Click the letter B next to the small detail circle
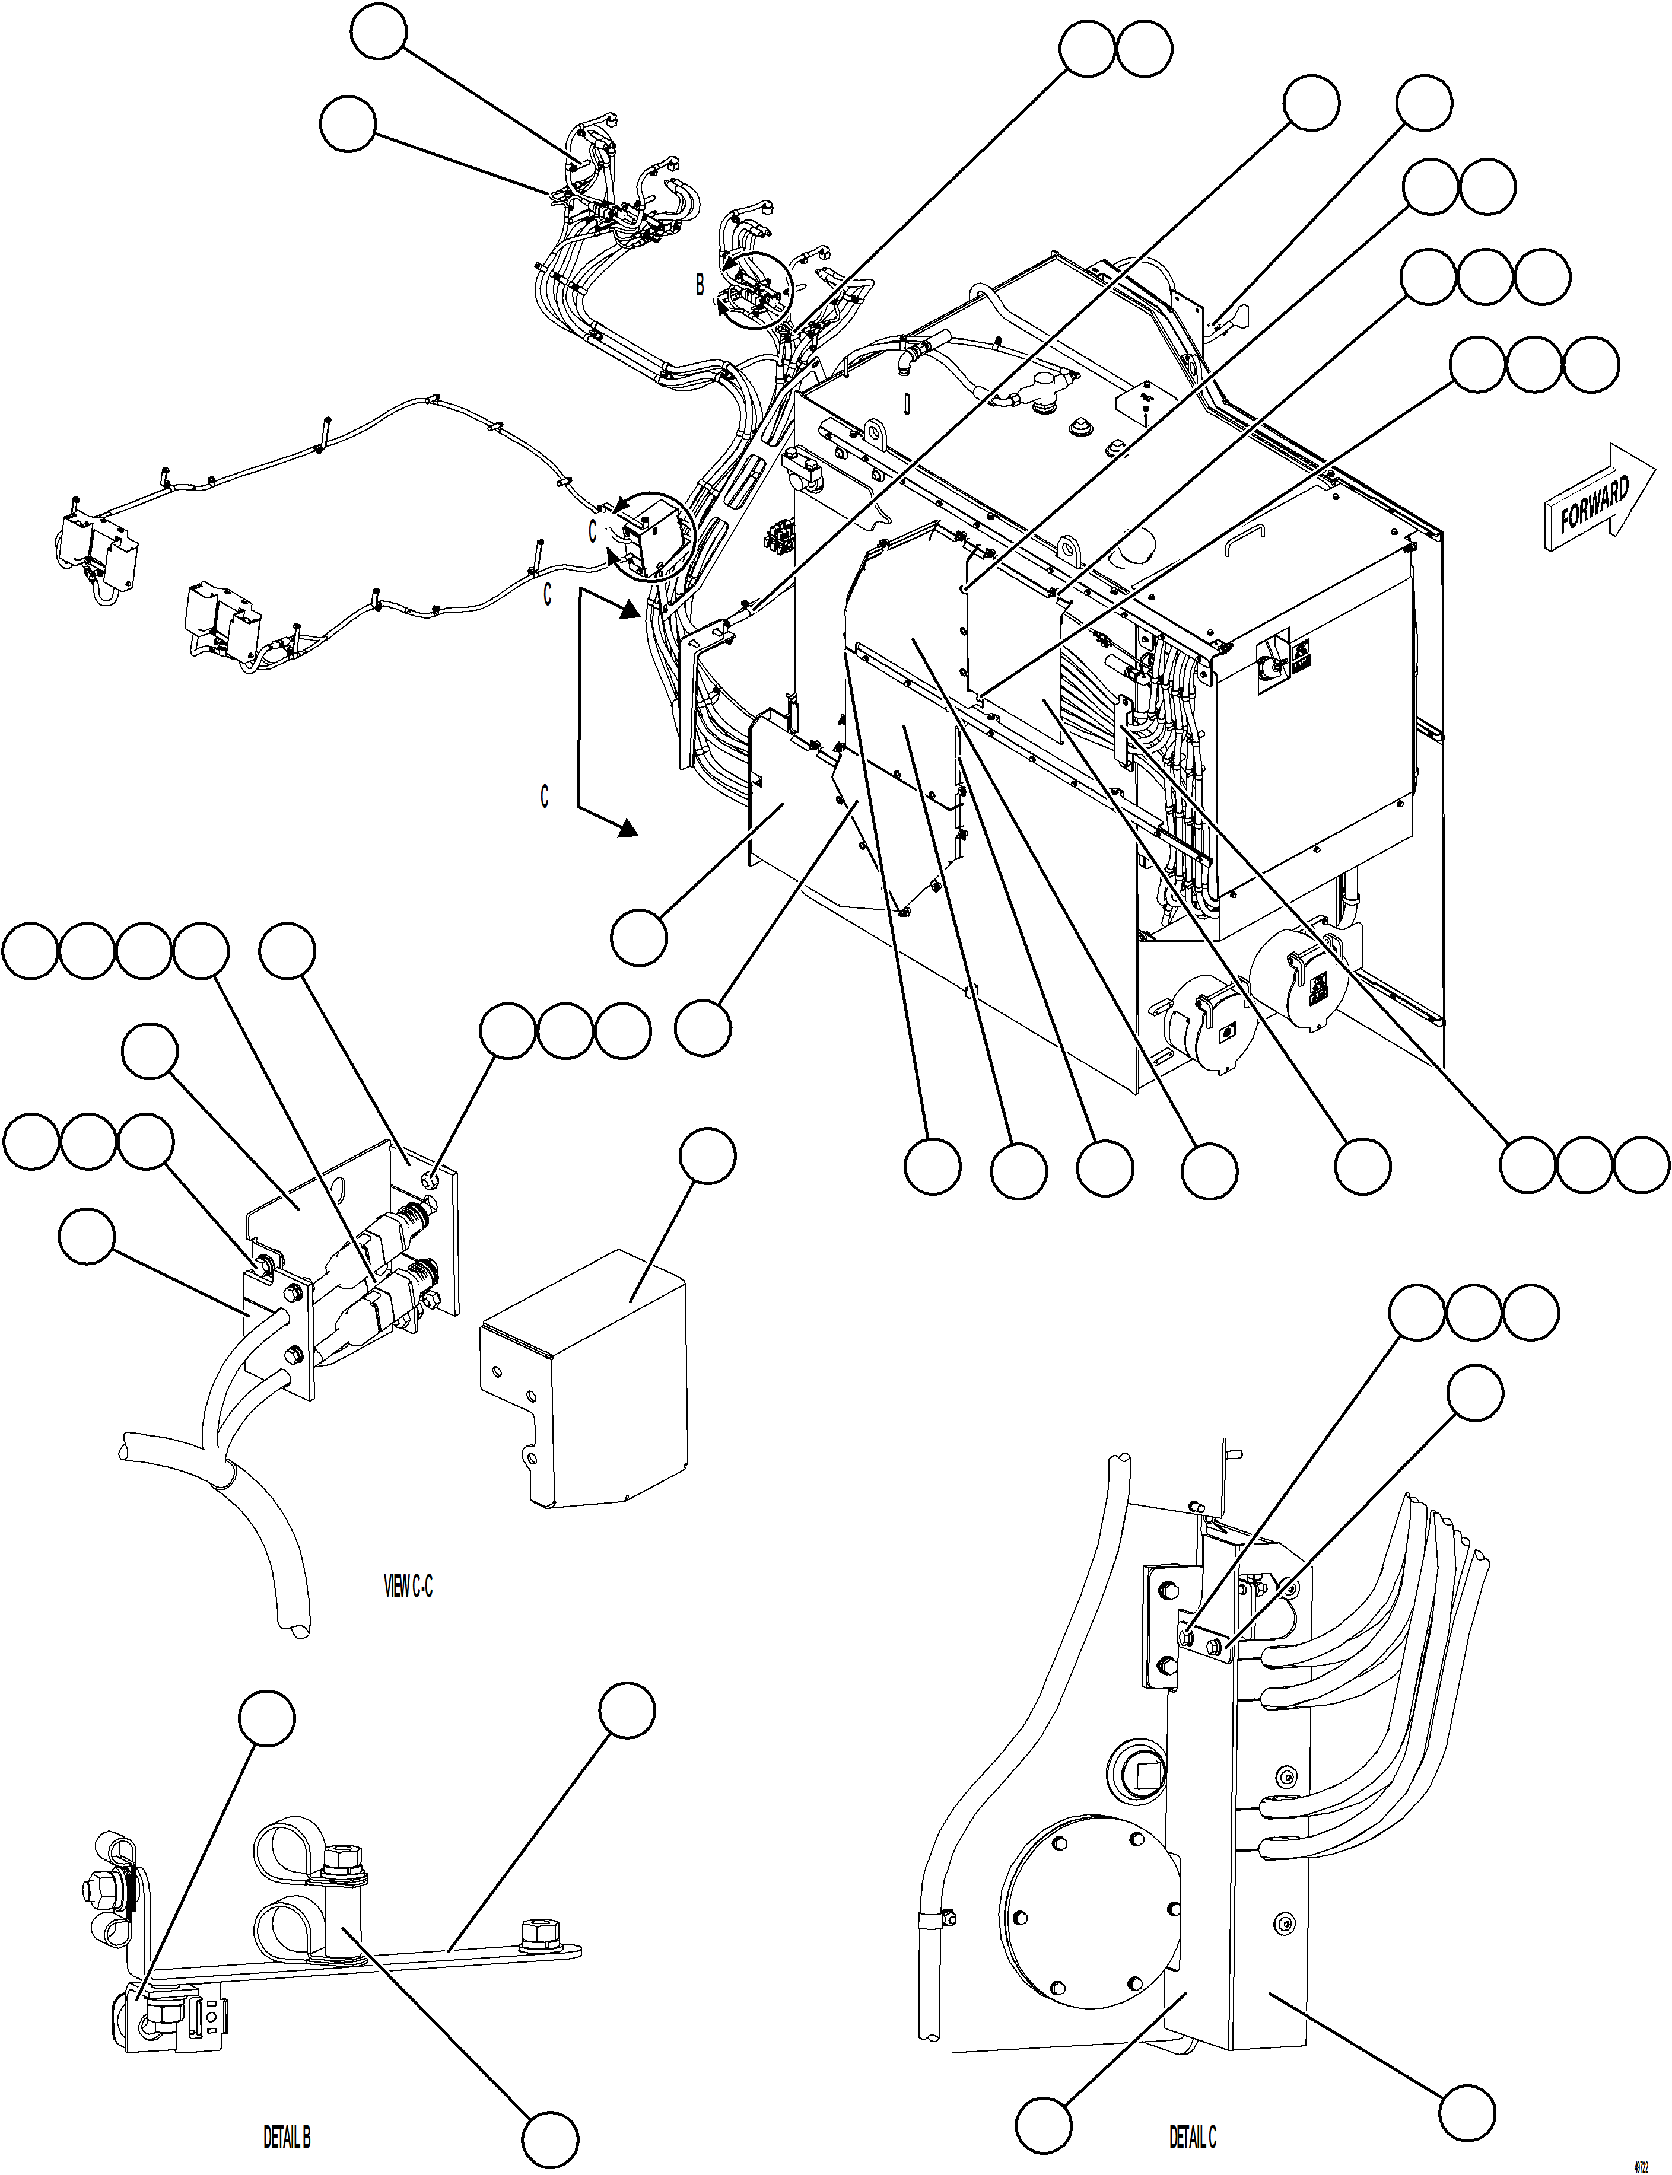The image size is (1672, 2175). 700,285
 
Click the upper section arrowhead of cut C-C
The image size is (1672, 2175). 627,609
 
